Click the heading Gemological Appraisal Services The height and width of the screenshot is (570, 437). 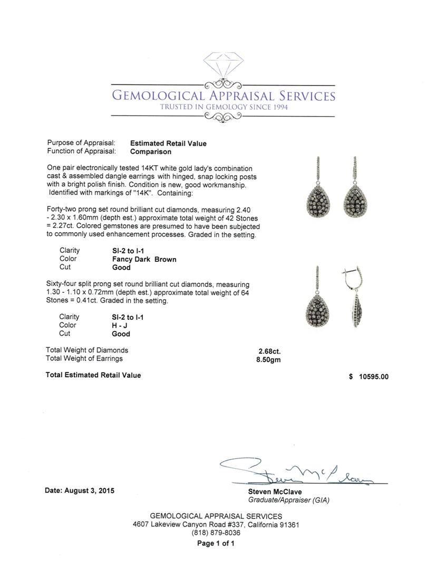coord(224,96)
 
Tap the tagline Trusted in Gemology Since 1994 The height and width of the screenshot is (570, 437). coord(224,107)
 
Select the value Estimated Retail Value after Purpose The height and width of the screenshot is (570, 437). coord(168,143)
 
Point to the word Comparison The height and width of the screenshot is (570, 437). coord(151,151)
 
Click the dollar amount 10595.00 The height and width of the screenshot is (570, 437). coord(372,377)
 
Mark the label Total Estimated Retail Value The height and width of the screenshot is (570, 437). coord(93,375)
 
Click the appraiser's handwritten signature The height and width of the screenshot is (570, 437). coord(295,472)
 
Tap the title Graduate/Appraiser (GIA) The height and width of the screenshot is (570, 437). coord(285,500)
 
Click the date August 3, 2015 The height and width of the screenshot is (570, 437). coord(79,490)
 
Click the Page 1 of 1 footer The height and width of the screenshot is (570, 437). coord(216,544)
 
